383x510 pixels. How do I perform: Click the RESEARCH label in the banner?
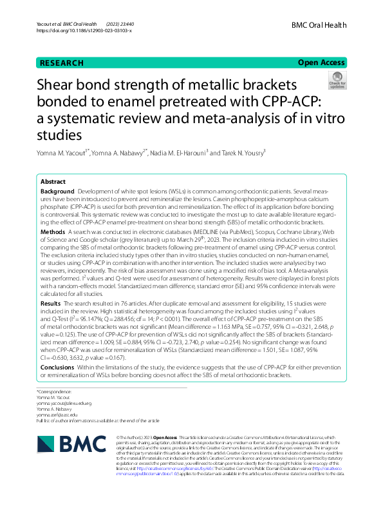tap(62, 63)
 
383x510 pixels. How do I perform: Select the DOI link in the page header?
tap(84, 30)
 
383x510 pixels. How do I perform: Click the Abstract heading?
tap(53, 182)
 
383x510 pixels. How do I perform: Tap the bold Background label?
tap(57, 192)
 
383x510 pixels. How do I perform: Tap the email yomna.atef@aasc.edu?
tap(59, 415)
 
